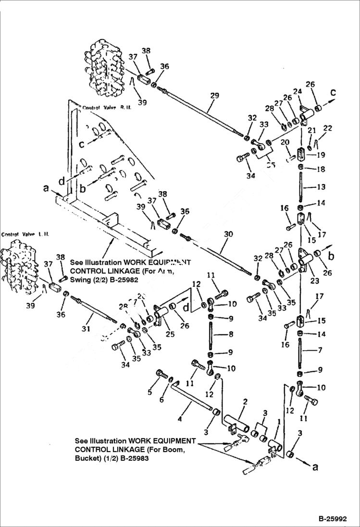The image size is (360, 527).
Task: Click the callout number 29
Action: [214, 96]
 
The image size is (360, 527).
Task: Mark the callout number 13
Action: [320, 186]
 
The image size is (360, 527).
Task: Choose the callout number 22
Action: [328, 128]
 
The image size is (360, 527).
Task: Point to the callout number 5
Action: [149, 392]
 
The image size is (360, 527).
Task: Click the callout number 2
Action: [245, 402]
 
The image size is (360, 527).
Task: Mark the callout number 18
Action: [321, 170]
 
